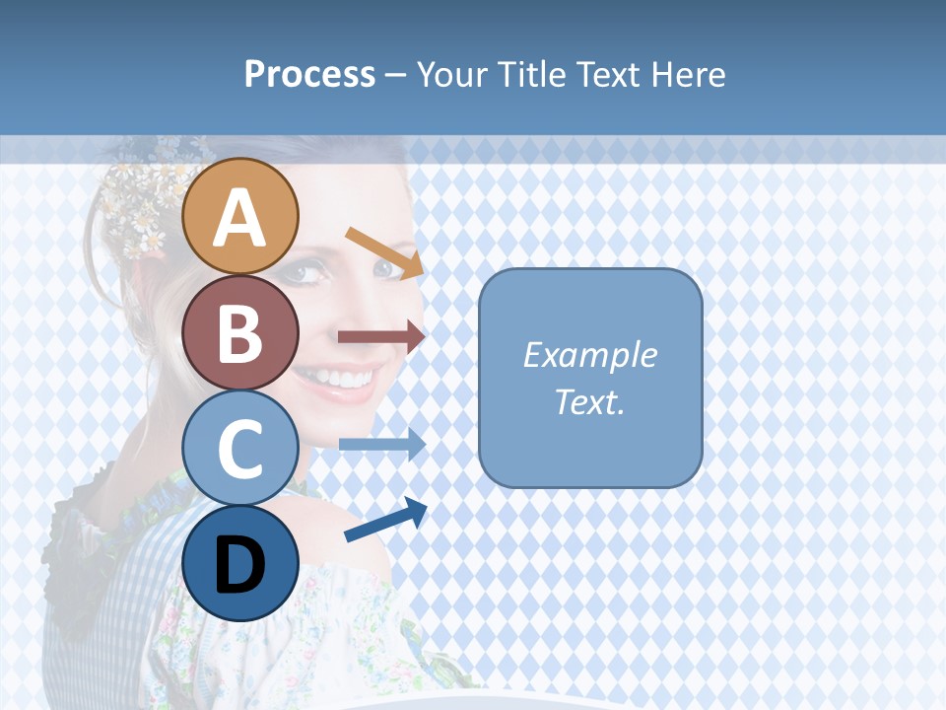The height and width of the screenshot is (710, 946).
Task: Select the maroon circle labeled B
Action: tap(240, 332)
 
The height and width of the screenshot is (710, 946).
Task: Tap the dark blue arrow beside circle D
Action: tap(385, 521)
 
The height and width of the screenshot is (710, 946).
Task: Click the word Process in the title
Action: tap(309, 74)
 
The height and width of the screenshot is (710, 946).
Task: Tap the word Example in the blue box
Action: tap(589, 355)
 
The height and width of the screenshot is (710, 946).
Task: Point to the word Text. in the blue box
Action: tap(589, 401)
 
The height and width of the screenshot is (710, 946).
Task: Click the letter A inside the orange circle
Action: tap(240, 219)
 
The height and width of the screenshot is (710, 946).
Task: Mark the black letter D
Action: tap(240, 567)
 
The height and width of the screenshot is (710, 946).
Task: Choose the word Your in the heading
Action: tap(453, 74)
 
